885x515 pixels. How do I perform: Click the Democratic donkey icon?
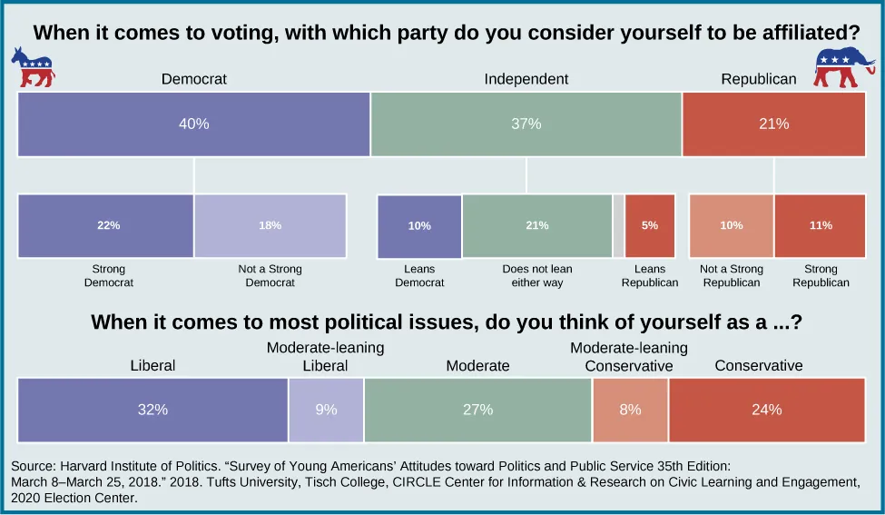click(33, 68)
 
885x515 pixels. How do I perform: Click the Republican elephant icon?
click(843, 67)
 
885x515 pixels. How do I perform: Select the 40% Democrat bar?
click(193, 124)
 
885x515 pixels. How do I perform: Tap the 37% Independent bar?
click(526, 124)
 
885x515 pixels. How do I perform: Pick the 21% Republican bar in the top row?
click(773, 124)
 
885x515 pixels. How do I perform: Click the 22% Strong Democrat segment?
click(106, 226)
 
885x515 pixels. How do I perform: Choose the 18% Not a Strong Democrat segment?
click(270, 226)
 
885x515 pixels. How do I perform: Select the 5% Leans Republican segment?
click(650, 226)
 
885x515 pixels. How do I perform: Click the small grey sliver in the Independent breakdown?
click(618, 226)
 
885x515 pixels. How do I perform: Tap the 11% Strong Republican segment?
click(820, 226)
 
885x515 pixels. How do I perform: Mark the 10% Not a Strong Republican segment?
click(732, 226)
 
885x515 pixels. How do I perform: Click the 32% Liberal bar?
click(152, 411)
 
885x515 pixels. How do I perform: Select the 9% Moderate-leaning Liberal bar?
click(326, 411)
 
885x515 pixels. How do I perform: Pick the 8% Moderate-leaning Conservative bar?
click(630, 411)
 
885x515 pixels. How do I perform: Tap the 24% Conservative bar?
click(766, 411)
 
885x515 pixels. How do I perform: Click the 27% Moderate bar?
click(477, 411)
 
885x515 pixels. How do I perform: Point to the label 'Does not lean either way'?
click(537, 276)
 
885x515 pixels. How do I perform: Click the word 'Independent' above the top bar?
click(526, 79)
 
